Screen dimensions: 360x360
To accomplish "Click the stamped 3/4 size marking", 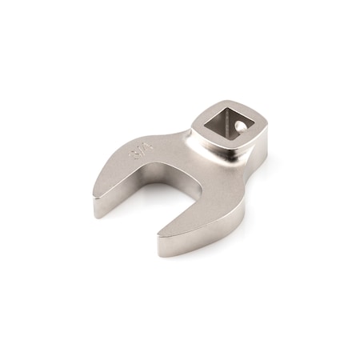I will [x=139, y=150].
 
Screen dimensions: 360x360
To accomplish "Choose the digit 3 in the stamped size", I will [x=134, y=154].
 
